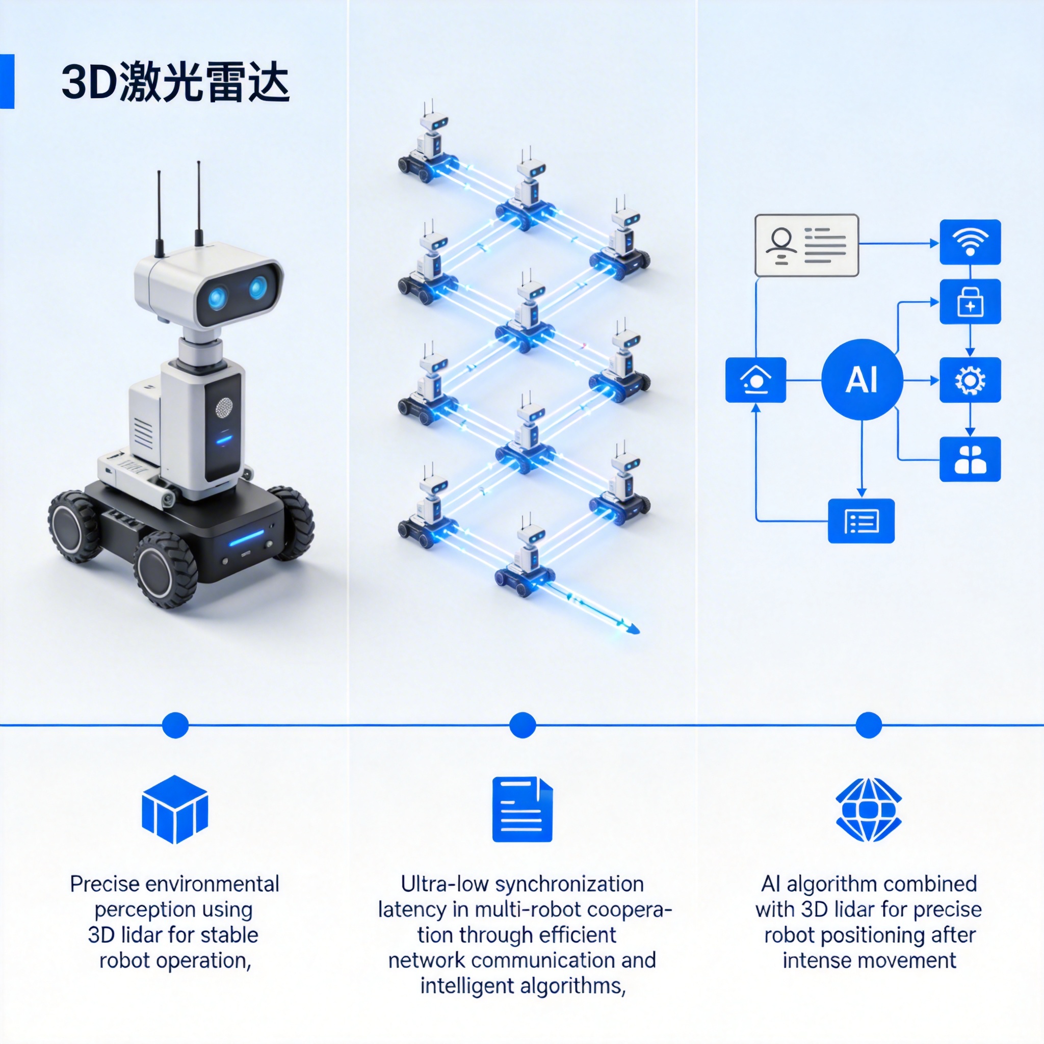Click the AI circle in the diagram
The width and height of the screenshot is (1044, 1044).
coord(862,379)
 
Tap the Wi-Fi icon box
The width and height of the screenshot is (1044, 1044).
coord(970,242)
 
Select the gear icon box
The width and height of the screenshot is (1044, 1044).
coord(970,380)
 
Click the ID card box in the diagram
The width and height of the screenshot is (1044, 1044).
coord(806,245)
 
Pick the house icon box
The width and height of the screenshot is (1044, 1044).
coord(755,380)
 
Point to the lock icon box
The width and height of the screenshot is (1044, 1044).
coord(970,302)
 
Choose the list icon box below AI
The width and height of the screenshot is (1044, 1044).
coord(862,521)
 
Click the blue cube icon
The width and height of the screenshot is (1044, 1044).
coord(174,809)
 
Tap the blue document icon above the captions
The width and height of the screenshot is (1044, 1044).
coord(522,809)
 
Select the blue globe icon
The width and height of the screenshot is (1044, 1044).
coord(868,810)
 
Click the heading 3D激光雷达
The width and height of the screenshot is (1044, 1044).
coord(176,82)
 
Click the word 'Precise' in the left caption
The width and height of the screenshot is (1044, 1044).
coord(105,884)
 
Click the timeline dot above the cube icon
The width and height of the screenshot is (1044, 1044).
coord(175,725)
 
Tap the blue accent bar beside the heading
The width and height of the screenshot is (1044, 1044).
coord(7,81)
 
